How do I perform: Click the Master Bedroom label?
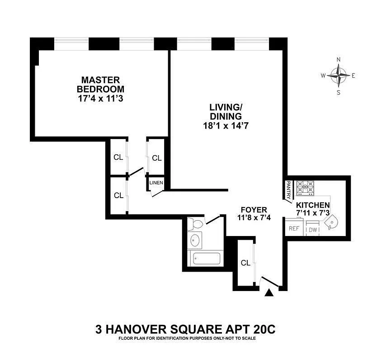coord(100,84)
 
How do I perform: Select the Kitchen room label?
coord(319,205)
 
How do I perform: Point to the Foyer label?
coord(254,210)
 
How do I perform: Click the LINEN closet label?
coord(156,183)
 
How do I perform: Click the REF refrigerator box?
coord(294,228)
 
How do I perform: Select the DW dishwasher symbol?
coord(313,229)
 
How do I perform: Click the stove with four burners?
coord(306,187)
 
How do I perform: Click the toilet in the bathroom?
coord(196,224)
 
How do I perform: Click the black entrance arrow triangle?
coord(269,293)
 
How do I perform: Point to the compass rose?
coord(339,75)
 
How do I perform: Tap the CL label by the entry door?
coord(245,263)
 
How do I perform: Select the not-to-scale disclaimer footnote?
coord(185,338)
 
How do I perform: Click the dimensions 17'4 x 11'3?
coord(100,97)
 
